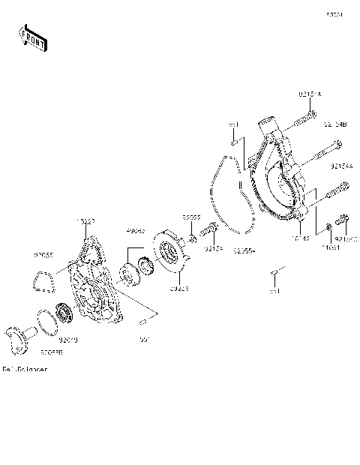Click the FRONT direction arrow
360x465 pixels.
(31, 37)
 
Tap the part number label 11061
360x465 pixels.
(329, 247)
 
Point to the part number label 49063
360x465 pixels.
(136, 232)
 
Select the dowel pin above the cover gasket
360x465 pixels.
(233, 140)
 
